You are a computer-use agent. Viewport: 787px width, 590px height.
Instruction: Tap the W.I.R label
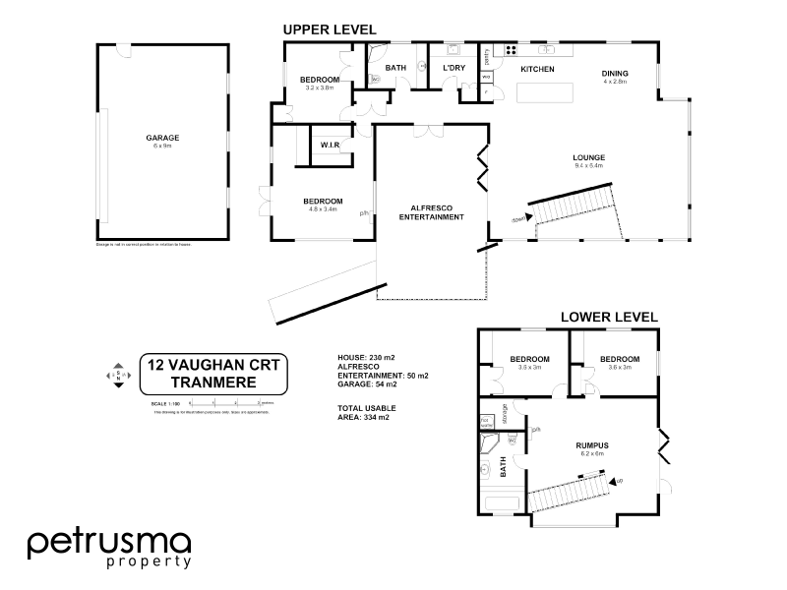point(329,146)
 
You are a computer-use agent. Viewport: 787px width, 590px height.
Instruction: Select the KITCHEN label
point(537,70)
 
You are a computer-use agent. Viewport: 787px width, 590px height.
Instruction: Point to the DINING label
point(615,74)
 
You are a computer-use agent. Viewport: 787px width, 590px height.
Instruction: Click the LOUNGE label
point(588,157)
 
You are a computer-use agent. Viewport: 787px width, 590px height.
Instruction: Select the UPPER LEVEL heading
point(330,30)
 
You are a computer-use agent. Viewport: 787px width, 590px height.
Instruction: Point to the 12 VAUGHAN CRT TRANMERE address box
point(212,373)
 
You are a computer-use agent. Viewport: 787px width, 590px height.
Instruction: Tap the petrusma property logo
point(108,549)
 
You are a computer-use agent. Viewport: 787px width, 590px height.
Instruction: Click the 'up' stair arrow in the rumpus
point(617,481)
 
